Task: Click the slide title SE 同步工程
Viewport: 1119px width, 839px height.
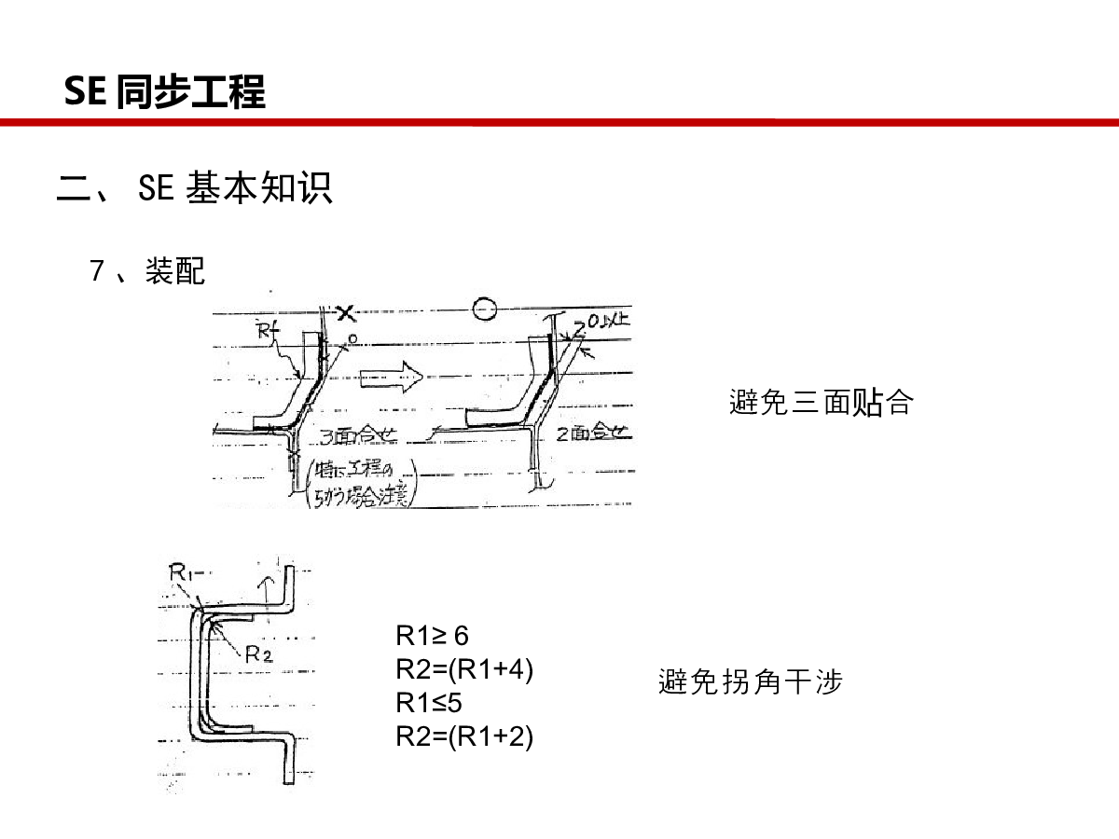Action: point(165,92)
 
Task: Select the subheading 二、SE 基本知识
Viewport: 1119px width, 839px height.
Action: point(195,188)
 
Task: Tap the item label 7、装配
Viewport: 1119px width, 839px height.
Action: point(147,271)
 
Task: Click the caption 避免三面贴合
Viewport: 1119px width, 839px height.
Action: point(821,403)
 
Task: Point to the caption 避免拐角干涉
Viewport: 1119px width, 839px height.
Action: point(750,681)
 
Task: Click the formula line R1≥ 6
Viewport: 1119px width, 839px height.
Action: point(432,636)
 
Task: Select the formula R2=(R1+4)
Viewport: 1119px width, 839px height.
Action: point(464,669)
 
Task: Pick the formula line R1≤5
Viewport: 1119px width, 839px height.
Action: point(429,702)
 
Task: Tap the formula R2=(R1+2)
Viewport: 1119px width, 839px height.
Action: point(464,736)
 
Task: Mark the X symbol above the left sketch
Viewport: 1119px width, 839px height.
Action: point(346,313)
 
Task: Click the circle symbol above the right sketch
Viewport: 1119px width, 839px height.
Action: point(483,308)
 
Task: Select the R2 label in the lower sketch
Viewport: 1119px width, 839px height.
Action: point(258,653)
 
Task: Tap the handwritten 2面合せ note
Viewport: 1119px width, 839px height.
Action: point(595,433)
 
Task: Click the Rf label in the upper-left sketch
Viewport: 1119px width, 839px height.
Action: point(265,328)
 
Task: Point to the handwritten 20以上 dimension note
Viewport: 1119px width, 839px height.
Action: point(607,323)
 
